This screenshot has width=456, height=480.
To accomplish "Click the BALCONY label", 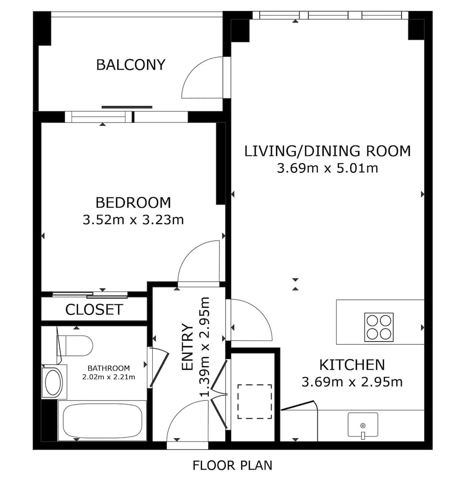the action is pos(131,65).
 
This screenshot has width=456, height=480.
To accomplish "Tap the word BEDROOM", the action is pos(133,203).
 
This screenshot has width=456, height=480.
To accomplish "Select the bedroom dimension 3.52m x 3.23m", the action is pos(133,220).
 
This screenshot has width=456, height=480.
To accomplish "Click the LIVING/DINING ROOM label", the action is pos(327,151).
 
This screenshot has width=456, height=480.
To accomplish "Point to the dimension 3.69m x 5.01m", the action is pos(327,168).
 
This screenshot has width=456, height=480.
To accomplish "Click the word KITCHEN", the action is pos(352,365).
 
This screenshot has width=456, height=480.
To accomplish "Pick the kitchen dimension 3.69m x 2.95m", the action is pos(352,382).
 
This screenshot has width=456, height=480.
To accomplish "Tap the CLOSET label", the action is pos(94,310).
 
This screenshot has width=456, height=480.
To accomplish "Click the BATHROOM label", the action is pos(109,368).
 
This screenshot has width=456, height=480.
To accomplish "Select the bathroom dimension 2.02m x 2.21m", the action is pos(109,377).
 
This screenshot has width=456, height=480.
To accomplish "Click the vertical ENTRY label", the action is pos(187,347).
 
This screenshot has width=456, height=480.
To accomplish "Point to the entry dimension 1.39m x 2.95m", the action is pos(205,347).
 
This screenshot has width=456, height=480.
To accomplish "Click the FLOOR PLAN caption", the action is pos(232,465).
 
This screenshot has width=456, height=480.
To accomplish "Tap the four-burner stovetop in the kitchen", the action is pos(379,327).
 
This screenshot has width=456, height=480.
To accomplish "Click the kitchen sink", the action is pos(363,425).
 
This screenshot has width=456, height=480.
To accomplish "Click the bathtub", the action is pos(103,422).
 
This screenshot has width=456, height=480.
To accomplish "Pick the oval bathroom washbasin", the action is pos(54,382).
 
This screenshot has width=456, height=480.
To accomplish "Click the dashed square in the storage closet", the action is pos(255,401).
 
